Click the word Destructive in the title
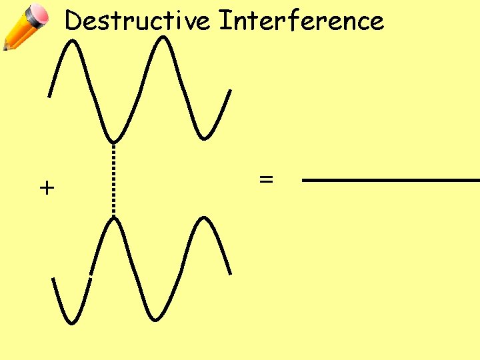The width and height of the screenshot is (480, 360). click(138, 21)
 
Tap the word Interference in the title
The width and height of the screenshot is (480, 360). click(301, 21)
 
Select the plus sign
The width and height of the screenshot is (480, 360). click(46, 188)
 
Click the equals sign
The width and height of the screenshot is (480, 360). click(266, 179)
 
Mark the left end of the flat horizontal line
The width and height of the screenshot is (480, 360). click(304, 180)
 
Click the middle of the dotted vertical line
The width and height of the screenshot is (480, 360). click(114, 180)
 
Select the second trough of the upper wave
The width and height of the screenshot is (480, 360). click(207, 137)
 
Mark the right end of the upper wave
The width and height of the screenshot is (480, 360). click(231, 91)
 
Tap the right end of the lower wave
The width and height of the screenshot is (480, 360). click(230, 273)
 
